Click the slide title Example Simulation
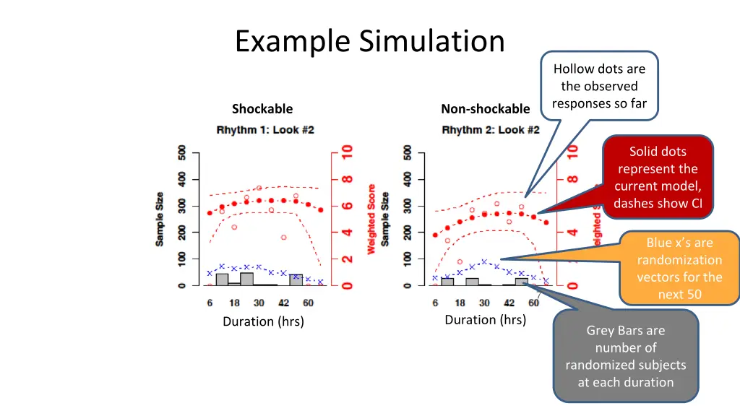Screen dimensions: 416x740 coord(369,41)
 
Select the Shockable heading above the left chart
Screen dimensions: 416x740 coord(262,109)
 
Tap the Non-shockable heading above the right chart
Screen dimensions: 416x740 coord(485,109)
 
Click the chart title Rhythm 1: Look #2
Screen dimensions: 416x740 coord(265,130)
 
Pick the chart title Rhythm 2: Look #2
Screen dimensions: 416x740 coord(491,130)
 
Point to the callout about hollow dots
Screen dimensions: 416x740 coord(599,86)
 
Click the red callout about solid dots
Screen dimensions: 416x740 coord(657,177)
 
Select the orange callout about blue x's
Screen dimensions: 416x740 coord(679,268)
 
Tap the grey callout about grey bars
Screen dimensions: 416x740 coord(625,356)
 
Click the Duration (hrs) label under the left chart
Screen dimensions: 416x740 coord(263,321)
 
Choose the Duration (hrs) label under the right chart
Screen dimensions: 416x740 coord(485,320)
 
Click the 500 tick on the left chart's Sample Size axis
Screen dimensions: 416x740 coord(182,153)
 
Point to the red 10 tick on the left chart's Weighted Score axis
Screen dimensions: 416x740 coord(347,153)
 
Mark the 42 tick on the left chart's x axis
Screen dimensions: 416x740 coord(284,303)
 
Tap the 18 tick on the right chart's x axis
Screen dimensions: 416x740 coord(460,303)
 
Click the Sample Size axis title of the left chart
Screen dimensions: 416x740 coord(160,219)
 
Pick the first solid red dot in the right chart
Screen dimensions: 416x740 coord(435,235)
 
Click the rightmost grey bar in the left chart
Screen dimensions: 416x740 coord(296,279)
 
